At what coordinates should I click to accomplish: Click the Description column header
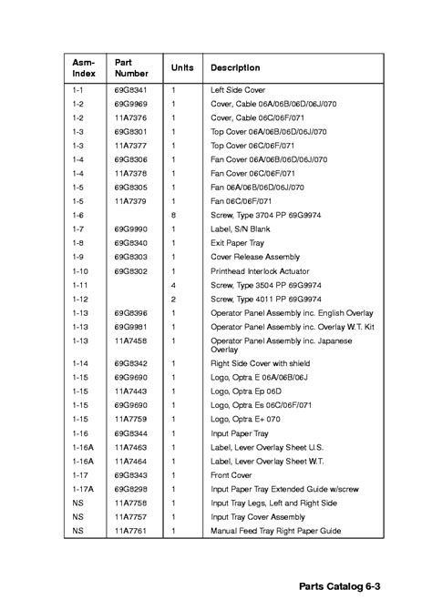pos(235,68)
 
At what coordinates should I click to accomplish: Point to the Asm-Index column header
pos(84,68)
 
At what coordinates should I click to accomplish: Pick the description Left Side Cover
pos(239,91)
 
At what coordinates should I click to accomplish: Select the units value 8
pos(173,215)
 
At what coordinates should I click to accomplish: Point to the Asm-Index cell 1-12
pos(80,299)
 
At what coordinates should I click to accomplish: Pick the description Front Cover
pos(232,474)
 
